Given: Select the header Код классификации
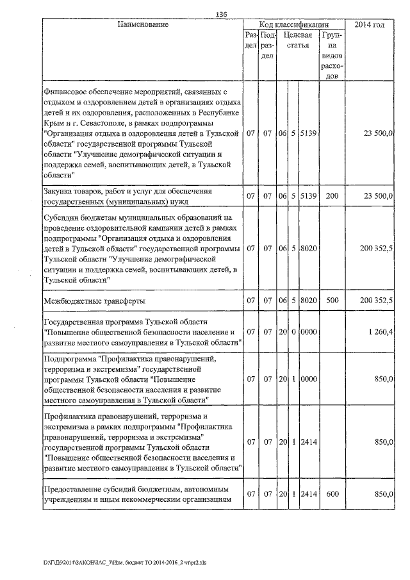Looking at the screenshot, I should pyautogui.click(x=294, y=24).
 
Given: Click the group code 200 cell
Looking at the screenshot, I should pyautogui.click(x=332, y=195).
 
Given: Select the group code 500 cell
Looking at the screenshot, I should pyautogui.click(x=332, y=300).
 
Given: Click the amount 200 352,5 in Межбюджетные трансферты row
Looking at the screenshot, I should pyautogui.click(x=377, y=300).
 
